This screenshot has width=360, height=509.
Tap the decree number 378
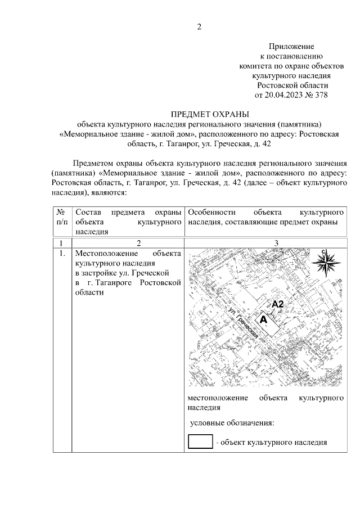point(319,94)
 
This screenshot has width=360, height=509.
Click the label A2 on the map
point(280,304)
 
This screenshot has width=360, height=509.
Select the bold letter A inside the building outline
point(262,318)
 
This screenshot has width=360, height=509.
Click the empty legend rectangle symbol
point(200,442)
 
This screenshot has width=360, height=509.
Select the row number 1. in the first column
point(62,253)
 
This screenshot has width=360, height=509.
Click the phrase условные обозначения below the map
point(232,422)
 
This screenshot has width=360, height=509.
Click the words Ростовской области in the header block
point(291,84)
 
